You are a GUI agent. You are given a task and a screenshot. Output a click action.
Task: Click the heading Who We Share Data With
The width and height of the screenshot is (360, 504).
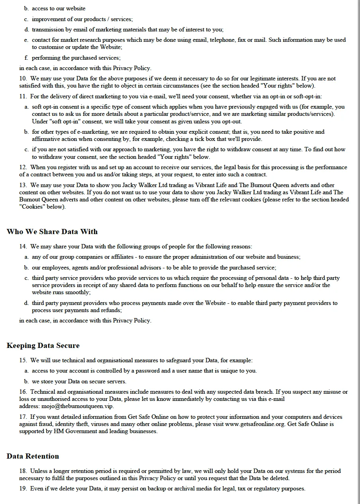[52, 232]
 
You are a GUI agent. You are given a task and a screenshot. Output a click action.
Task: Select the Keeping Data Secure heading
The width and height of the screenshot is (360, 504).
[43, 346]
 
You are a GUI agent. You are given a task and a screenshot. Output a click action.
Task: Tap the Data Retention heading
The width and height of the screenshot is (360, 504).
[33, 456]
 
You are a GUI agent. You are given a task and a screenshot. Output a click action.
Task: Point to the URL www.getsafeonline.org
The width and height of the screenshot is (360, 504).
[255, 424]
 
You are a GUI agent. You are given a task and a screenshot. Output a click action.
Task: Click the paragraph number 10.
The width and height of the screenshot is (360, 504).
[23, 79]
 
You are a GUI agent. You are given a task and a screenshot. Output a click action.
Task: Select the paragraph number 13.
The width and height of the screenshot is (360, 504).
[23, 185]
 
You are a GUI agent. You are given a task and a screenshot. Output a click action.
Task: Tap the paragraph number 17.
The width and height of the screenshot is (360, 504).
[23, 417]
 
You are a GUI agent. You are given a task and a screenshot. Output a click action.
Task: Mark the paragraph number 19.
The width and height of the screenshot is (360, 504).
[23, 488]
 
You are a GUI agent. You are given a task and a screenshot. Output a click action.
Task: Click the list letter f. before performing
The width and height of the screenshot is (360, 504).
[26, 58]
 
